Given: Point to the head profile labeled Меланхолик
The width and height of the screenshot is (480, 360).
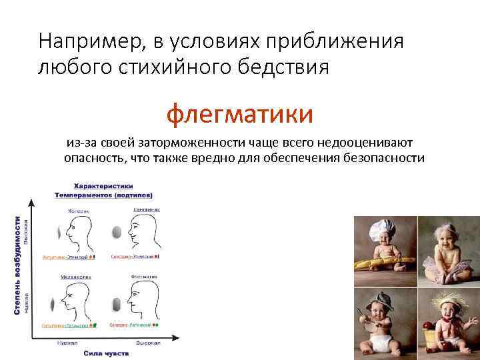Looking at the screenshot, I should pos(73,301).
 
